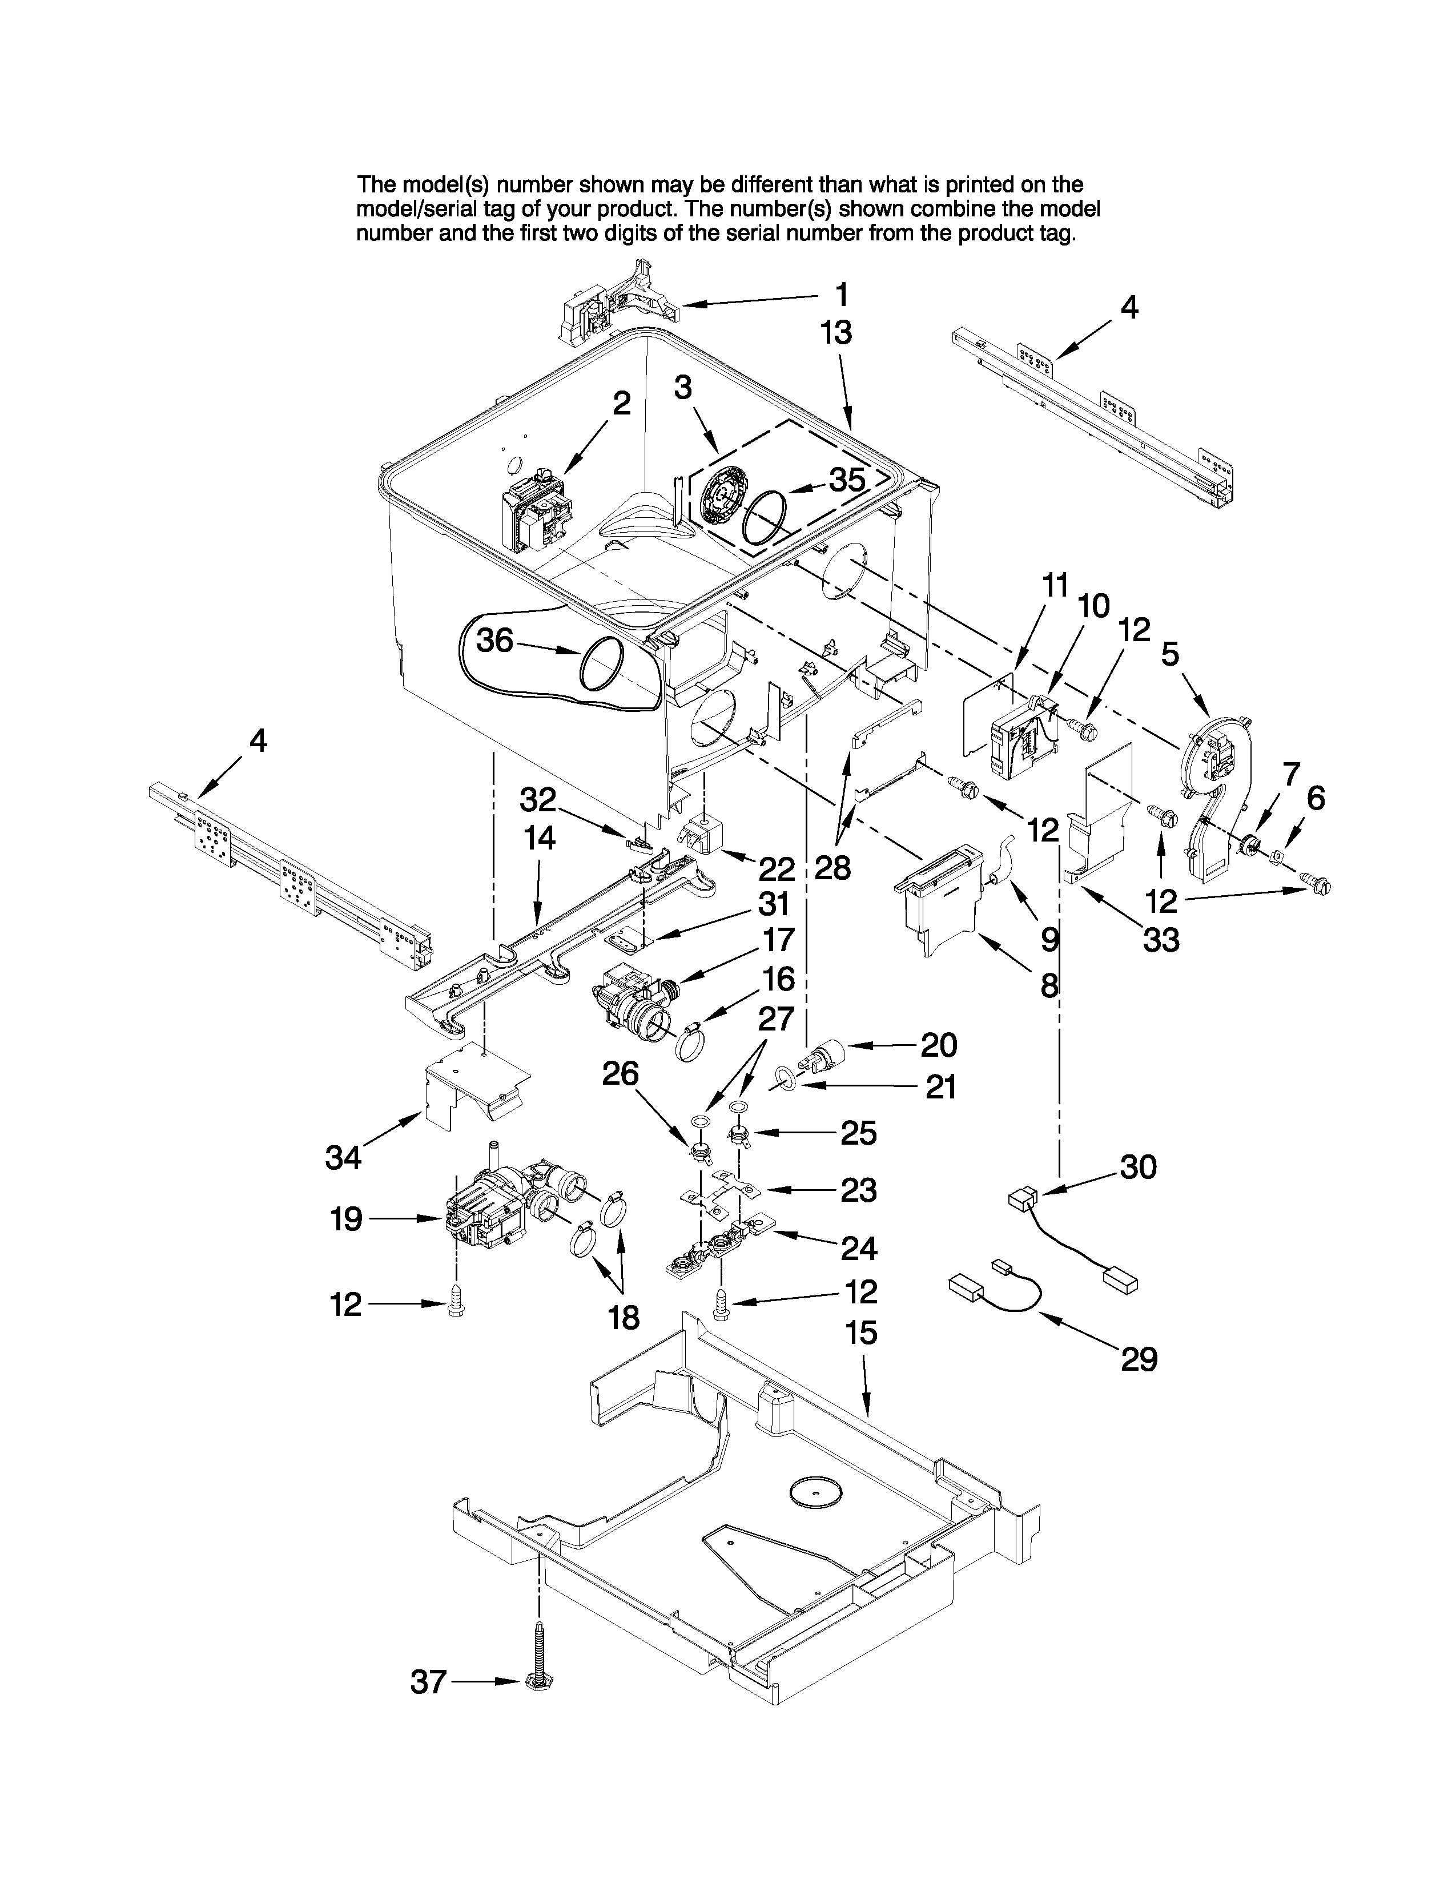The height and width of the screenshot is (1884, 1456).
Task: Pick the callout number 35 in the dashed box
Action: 846,480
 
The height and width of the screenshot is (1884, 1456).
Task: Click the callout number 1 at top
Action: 841,295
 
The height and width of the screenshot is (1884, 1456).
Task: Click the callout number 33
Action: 1160,939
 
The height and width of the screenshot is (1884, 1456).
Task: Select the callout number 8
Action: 1049,984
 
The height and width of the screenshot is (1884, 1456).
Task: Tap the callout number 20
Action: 939,1045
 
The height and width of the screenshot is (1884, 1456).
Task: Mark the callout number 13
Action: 836,333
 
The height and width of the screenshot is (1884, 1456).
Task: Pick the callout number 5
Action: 1169,655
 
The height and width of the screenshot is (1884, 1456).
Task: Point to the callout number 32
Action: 538,800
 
